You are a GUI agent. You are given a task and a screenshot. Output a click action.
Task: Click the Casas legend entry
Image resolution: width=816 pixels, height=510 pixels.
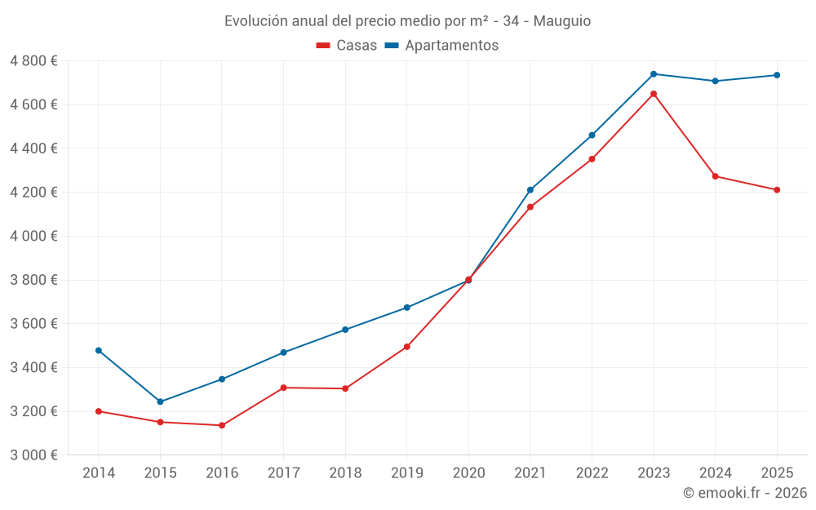[x=347, y=46]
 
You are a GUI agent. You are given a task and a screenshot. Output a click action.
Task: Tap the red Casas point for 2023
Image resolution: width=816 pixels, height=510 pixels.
[x=654, y=94]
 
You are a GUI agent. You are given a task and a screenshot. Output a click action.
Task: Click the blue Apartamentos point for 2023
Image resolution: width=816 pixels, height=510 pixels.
[x=654, y=74]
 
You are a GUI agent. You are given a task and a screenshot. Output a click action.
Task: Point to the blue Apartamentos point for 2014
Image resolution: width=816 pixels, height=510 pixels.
[x=99, y=351]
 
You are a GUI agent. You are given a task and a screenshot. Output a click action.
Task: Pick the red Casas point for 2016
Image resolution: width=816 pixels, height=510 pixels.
[x=222, y=425]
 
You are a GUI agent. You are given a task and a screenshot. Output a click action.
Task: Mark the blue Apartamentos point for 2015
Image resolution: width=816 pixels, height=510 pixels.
[x=160, y=401]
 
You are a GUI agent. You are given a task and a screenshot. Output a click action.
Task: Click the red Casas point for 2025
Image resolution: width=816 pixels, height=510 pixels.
[x=777, y=190]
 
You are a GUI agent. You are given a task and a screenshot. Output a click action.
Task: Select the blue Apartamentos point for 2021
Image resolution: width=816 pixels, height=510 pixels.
[x=530, y=190]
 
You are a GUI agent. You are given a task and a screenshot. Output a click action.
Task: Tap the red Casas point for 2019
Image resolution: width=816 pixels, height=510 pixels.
[x=407, y=347]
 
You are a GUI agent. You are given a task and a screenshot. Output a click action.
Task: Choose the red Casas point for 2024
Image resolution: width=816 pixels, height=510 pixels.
[x=716, y=176]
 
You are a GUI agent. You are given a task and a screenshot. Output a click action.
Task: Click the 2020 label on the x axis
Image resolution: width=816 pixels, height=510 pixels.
[x=468, y=472]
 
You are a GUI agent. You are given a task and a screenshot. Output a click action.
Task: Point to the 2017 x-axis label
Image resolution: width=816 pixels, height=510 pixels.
[x=283, y=472]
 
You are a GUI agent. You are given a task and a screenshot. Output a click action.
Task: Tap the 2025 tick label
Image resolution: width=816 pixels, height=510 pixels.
[x=777, y=472]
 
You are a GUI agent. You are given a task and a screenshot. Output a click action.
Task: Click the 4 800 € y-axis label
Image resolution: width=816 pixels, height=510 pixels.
[x=33, y=61]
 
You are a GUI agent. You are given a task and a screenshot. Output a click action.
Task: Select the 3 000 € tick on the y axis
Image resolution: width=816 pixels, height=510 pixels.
[x=33, y=455]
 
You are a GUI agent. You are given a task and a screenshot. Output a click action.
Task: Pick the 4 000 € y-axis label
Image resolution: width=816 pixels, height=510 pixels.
[x=33, y=237]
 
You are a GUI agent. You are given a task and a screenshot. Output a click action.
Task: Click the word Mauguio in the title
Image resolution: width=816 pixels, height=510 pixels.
[x=562, y=21]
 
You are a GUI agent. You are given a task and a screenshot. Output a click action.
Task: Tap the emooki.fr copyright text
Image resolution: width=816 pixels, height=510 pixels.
[x=745, y=493]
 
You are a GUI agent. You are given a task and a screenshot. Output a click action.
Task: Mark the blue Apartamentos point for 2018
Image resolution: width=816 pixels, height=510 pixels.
[x=345, y=330]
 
